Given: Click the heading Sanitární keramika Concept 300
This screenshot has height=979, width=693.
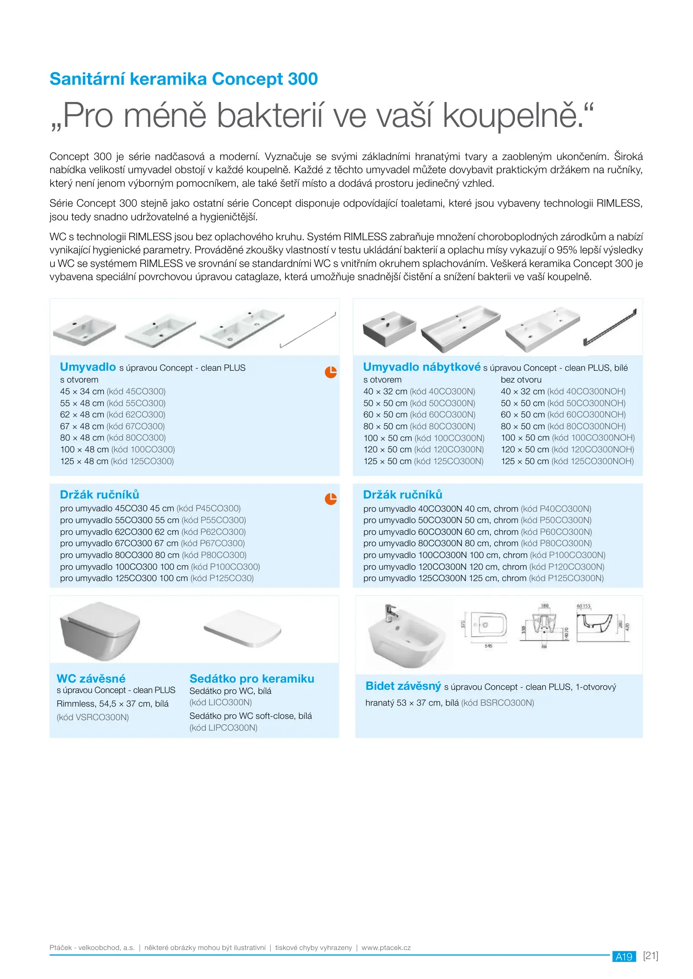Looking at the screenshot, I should pos(184,79).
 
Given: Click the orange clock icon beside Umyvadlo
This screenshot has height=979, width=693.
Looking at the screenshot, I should pos(331,372).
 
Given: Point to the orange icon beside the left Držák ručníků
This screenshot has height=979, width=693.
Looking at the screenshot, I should pos(331,499).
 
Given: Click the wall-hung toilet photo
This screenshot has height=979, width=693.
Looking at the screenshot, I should pos(100,630).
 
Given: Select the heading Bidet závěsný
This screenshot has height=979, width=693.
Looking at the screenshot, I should pos(403,686).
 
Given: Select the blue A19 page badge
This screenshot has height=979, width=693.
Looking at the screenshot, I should pos(624,957).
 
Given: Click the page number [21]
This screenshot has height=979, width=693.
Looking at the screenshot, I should pos(650,956).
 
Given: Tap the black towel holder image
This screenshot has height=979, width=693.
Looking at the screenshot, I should pos(610,326).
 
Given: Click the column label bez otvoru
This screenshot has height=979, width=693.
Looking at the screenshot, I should pos(521,380).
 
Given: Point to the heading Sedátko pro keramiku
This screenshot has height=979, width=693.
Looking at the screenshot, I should pos(252,679).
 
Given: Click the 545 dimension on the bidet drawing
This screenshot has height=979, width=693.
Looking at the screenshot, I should pos(488,646).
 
